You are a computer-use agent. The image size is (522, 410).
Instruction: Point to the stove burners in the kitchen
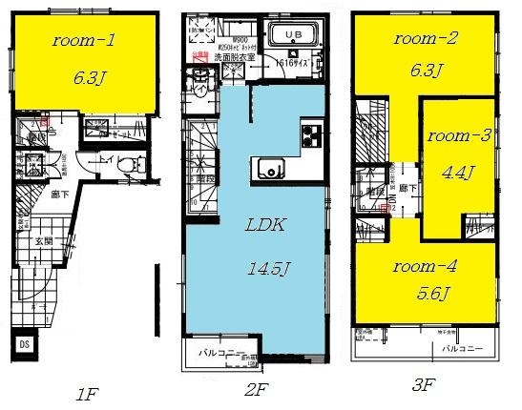click(312, 135)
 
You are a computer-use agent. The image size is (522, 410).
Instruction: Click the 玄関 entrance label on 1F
click(45, 242)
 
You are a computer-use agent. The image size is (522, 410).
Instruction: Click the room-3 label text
click(459, 135)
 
